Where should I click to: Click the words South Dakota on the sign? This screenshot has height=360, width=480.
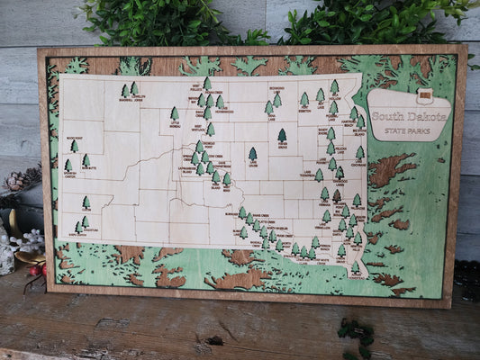coord(410,117)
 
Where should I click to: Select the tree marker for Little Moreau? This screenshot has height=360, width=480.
coord(175,114)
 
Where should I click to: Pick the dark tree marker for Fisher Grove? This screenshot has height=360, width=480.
coord(282,135)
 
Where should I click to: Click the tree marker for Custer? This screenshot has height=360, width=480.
coord(86,202)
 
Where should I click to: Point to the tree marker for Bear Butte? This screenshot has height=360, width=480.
coord(86,160)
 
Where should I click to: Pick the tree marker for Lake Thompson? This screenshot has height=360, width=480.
coord(319,175)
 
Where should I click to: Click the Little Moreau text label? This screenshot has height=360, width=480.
coord(175,125)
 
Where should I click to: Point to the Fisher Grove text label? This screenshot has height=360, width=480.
coord(282,145)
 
